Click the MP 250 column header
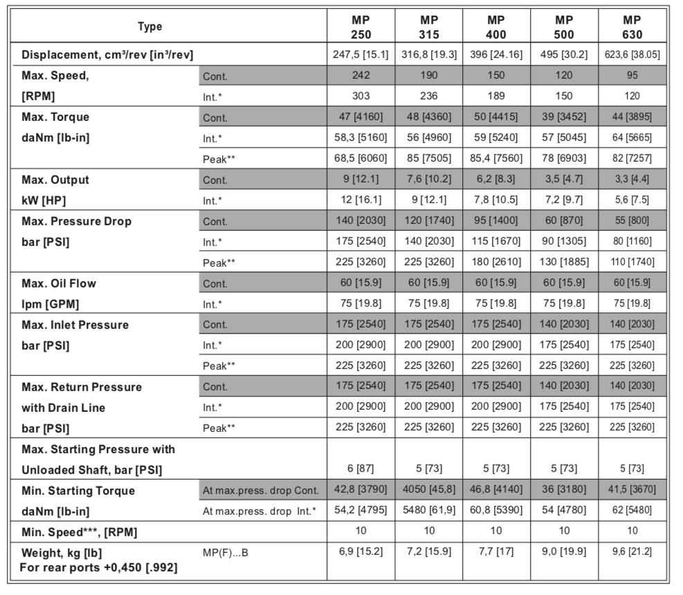point(361,27)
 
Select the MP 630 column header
point(632,27)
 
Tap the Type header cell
point(150,27)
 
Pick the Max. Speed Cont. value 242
point(361,76)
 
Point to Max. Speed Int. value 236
point(429,97)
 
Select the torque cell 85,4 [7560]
point(496,159)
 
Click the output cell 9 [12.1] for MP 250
point(361,180)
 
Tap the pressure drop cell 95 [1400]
point(496,221)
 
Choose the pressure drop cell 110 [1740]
point(632,263)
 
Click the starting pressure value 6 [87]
point(361,469)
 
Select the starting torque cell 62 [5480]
point(632,511)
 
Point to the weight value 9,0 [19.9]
point(564,553)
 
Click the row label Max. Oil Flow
point(60,283)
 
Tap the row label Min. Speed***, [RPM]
point(86,532)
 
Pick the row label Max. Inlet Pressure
point(75,325)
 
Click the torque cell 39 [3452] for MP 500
point(564,117)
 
